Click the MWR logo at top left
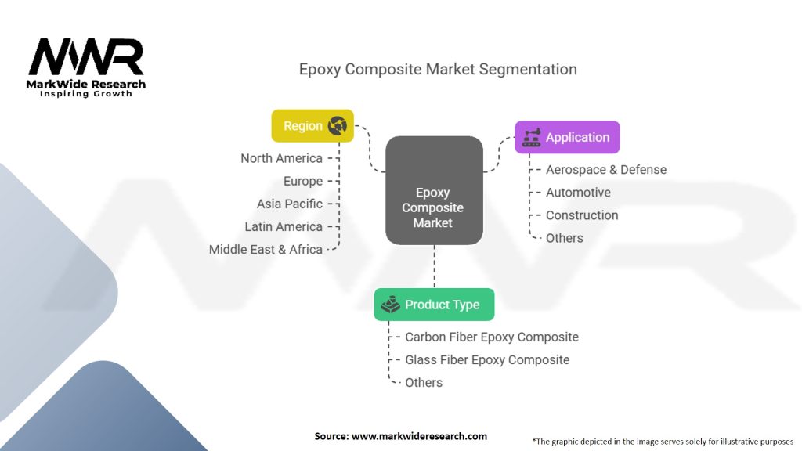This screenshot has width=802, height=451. [x=86, y=59]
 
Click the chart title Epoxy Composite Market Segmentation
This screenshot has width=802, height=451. [x=438, y=69]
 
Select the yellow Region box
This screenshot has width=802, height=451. [x=312, y=125]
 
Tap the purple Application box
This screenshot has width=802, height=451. [x=567, y=137]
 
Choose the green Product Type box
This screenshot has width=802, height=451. [x=434, y=305]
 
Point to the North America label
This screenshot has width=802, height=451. [x=281, y=158]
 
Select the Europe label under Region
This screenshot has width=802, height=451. [x=303, y=181]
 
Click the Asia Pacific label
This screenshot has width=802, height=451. [x=289, y=204]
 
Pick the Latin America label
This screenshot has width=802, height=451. [x=284, y=226]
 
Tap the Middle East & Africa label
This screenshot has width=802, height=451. [x=266, y=249]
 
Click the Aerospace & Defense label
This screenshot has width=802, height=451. [x=606, y=169]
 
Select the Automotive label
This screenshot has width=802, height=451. [x=578, y=192]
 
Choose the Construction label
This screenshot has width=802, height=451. [x=582, y=215]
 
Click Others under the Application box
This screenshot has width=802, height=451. [x=565, y=237]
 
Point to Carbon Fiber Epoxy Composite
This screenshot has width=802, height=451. [x=492, y=337]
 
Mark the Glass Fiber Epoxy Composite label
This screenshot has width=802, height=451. [x=487, y=359]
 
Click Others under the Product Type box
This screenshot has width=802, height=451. [x=424, y=382]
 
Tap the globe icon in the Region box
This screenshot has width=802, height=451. [x=338, y=125]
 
